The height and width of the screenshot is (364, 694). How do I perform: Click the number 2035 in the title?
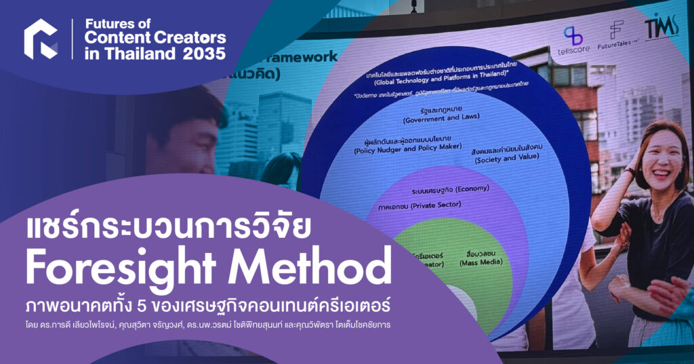[205, 54]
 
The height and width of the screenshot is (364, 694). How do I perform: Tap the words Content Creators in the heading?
[155, 39]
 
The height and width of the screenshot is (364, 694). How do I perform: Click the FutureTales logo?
[616, 37]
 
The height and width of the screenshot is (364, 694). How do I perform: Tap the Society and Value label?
[502, 157]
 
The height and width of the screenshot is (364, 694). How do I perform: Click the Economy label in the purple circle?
[443, 188]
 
